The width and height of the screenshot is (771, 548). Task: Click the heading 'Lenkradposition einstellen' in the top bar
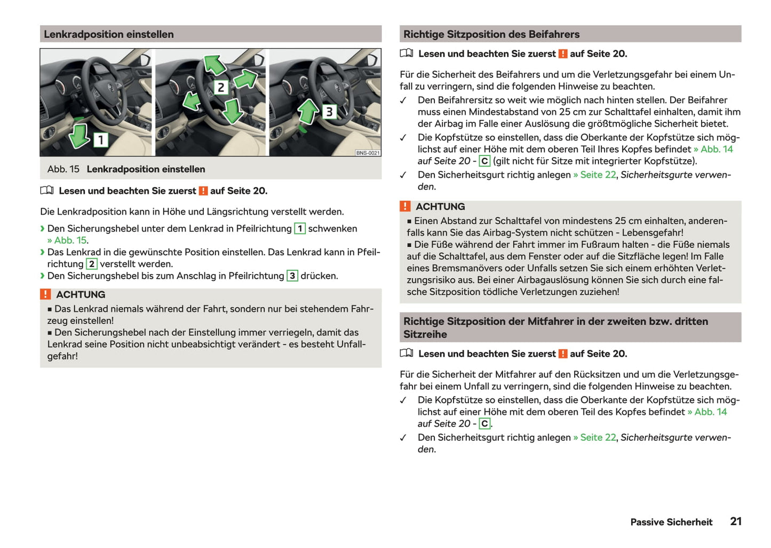[x=109, y=34]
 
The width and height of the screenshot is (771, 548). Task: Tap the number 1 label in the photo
[x=100, y=140]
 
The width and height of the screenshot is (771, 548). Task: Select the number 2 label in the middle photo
[x=221, y=87]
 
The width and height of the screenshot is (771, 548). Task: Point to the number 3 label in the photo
[x=329, y=112]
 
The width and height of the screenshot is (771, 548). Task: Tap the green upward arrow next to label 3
[x=308, y=112]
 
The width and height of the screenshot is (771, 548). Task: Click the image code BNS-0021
[x=368, y=153]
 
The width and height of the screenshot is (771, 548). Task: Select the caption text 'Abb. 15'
[x=63, y=169]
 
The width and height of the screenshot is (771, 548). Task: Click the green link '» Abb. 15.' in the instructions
[x=68, y=240]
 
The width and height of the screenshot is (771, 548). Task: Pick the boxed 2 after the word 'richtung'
[x=92, y=264]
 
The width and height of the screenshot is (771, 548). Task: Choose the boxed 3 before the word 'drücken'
[x=292, y=276]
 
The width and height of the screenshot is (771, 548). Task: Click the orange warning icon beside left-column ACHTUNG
[x=46, y=294]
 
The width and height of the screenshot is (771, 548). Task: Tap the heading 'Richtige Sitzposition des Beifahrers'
[x=491, y=34]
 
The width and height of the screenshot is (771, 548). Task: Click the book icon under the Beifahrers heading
[x=407, y=53]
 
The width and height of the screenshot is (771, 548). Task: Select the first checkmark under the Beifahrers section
[x=403, y=100]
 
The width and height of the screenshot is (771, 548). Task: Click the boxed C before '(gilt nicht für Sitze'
[x=484, y=161]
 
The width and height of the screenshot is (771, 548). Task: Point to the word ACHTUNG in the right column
[x=440, y=207]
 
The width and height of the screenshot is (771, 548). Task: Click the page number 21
[x=736, y=521]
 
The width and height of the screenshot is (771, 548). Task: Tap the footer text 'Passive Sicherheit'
[x=671, y=522]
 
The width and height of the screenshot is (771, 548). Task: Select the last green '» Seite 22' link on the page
[x=594, y=437]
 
